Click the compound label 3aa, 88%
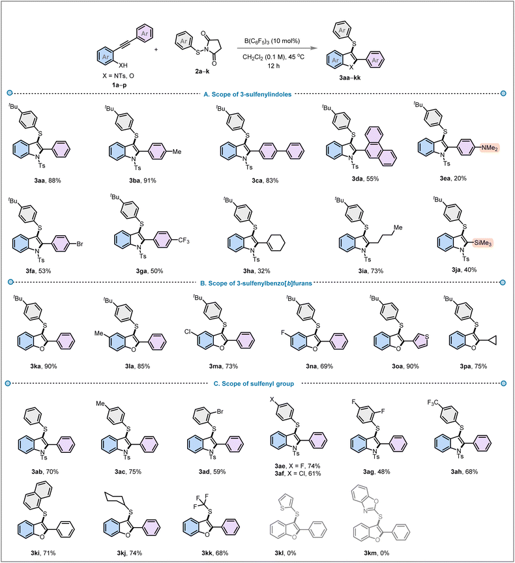pos(45,180)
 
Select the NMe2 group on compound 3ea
pos(490,147)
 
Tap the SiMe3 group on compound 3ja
pos(482,243)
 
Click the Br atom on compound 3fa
pos(80,244)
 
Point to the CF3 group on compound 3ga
pos(184,240)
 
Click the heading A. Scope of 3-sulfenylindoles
pos(248,94)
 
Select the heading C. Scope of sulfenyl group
pos(254,383)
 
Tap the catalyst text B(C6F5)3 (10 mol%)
pos(272,41)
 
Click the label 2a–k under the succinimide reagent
pos(202,72)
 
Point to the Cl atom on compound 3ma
pos(188,332)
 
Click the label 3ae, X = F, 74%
pos(297,466)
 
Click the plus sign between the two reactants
pos(156,49)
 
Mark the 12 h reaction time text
pos(274,66)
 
